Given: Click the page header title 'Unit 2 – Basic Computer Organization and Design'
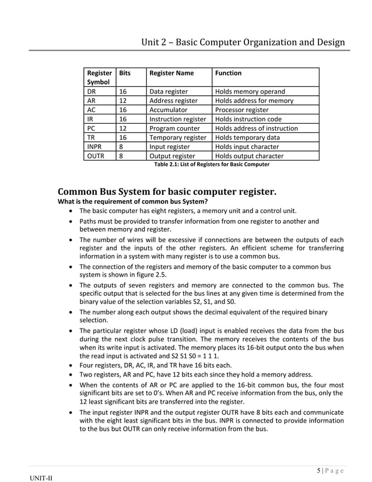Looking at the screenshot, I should click(243, 42).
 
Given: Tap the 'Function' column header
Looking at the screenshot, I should click(229, 73).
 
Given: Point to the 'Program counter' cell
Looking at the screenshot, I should click(174, 128).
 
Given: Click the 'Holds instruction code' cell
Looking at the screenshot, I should click(248, 119).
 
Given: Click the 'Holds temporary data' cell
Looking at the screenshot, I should click(247, 138).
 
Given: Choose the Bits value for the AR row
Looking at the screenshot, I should click(123, 101).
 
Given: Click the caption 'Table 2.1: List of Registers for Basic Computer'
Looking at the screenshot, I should click(212, 165).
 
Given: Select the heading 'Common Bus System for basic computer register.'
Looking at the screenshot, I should click(167, 192).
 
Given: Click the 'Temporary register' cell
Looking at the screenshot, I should click(178, 138).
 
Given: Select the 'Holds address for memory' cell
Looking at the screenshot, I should click(254, 101).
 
